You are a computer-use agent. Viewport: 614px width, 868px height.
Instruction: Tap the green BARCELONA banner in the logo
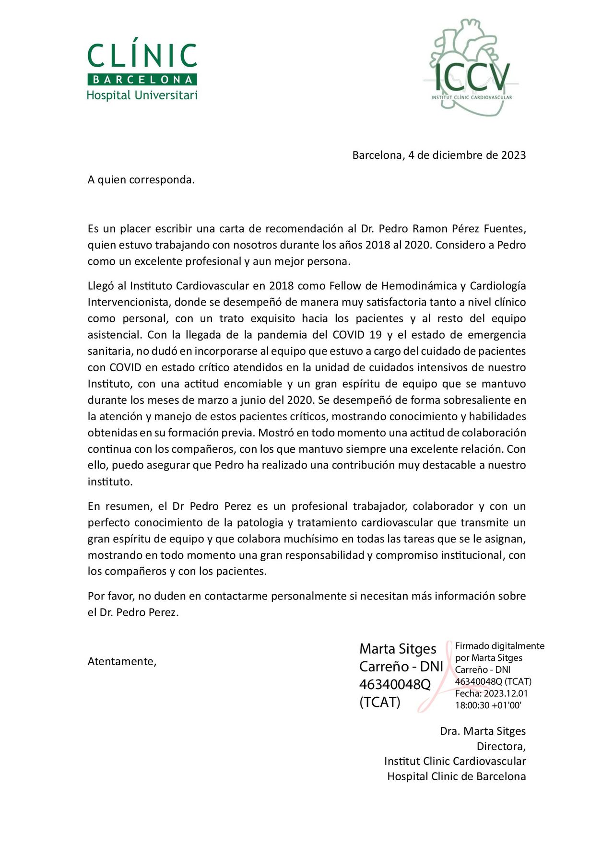[142, 80]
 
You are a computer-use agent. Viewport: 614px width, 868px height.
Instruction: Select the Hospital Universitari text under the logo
[142, 95]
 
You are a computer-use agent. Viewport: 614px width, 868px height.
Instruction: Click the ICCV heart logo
[471, 67]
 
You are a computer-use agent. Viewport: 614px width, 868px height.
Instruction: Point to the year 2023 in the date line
[513, 155]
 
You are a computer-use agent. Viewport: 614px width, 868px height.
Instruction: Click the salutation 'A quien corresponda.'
[141, 180]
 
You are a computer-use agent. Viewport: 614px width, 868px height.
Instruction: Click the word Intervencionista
[129, 302]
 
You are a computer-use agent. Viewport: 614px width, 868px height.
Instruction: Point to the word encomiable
[253, 384]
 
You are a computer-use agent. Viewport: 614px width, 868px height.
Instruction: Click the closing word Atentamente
[122, 662]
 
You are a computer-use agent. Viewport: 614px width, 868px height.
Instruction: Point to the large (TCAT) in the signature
[379, 702]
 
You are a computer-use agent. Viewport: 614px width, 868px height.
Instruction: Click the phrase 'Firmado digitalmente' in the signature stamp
[499, 646]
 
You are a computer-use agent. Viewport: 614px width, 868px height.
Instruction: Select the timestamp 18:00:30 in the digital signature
[472, 705]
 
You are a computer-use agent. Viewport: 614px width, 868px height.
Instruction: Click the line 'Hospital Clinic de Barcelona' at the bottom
[456, 776]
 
